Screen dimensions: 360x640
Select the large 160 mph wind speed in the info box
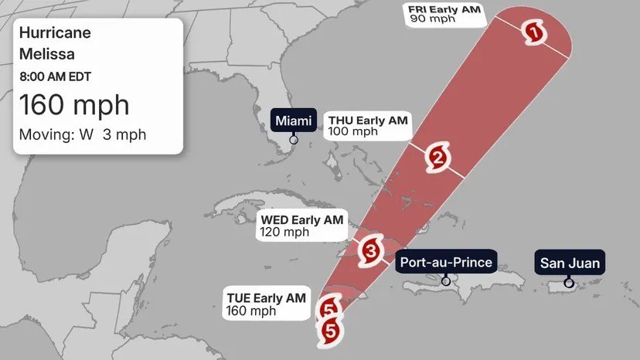coord(73,104)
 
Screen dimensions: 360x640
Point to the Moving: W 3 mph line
coord(83,135)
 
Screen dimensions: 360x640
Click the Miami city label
coord(293,121)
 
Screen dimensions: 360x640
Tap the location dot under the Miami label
coord(294,140)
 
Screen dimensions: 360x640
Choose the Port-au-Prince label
coord(446,262)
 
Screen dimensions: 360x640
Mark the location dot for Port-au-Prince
coord(446,281)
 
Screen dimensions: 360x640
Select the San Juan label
coord(569,263)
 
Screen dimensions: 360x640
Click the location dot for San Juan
coord(570,282)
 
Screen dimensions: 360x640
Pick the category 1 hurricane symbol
coord(533,32)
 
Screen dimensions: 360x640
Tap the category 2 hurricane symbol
coord(436,158)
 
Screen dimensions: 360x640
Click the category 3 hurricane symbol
coord(370,250)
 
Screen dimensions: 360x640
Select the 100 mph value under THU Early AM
coord(353,131)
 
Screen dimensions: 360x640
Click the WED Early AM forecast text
coord(301,220)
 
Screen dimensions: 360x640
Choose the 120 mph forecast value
coord(284,233)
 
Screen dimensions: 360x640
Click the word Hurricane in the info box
coord(55,33)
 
